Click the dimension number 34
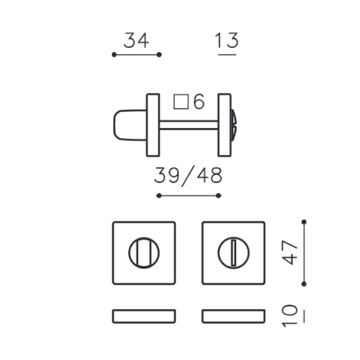[x=136, y=40]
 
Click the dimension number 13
[x=227, y=40]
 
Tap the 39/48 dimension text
[x=188, y=176]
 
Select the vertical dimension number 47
[x=290, y=253]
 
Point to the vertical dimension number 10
[x=290, y=316]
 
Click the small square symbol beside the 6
[x=181, y=101]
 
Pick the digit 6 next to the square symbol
[x=199, y=101]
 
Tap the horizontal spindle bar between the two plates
[x=189, y=125]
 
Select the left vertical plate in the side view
[x=153, y=125]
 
